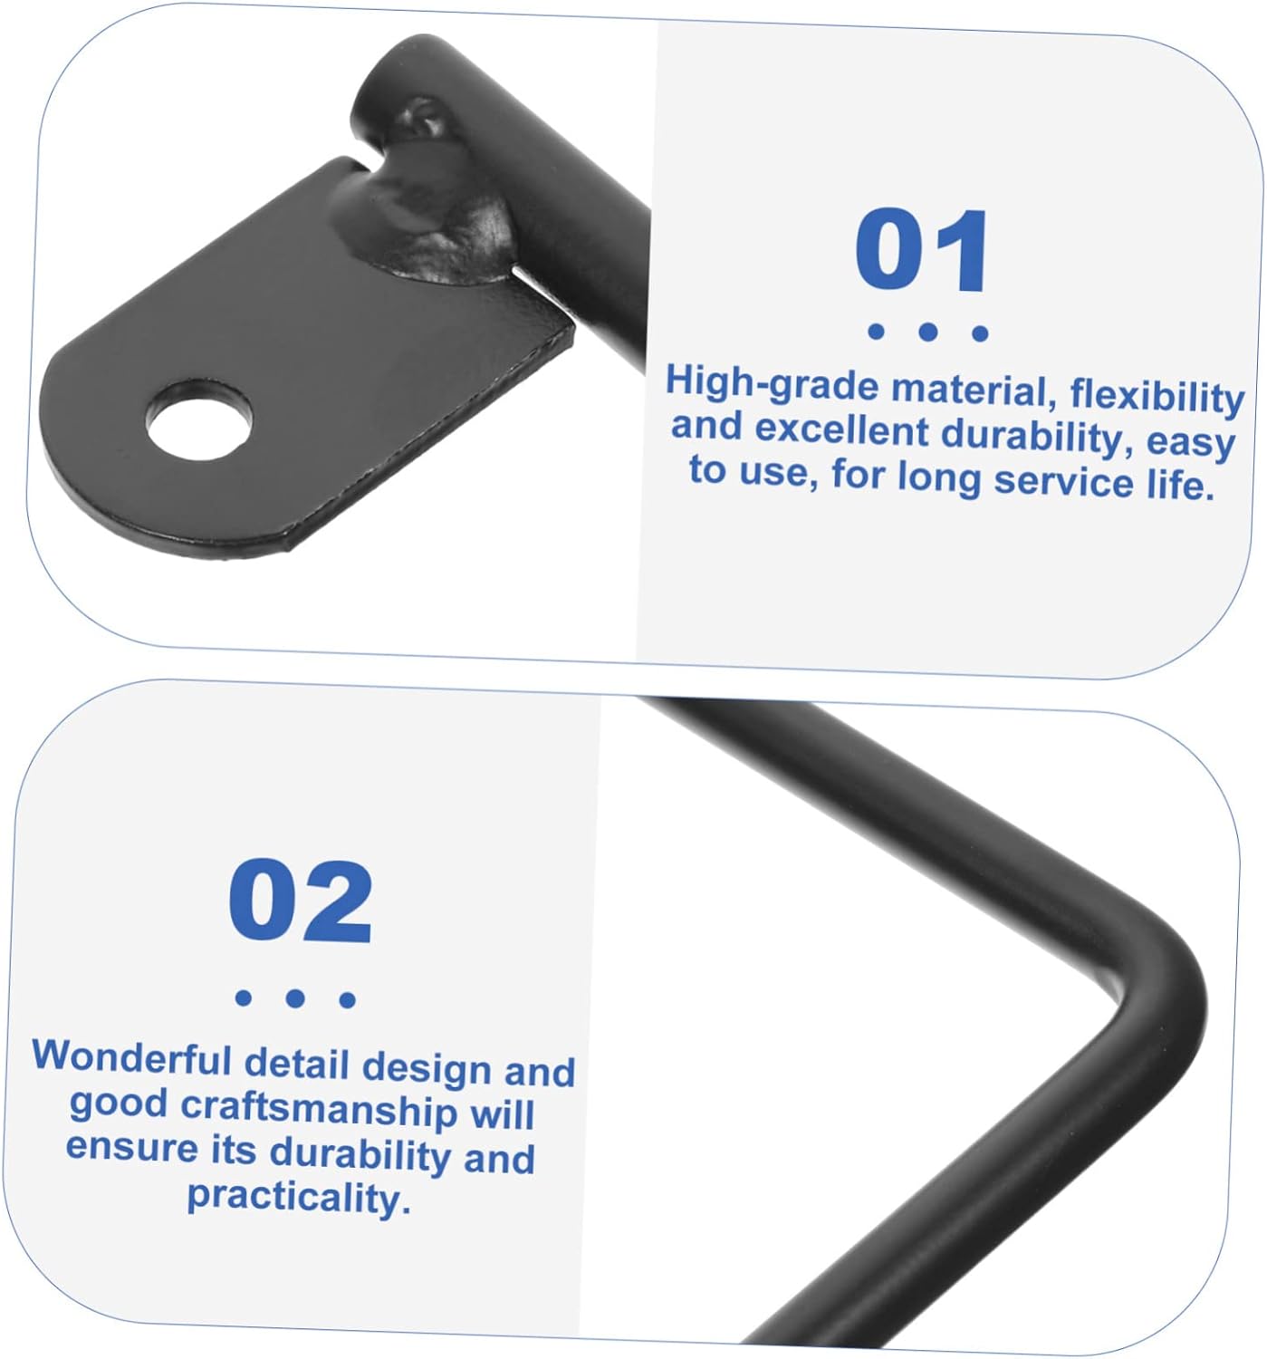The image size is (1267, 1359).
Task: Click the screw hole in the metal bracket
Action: (x=198, y=419)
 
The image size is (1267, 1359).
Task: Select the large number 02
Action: (x=301, y=901)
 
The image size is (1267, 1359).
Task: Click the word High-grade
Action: (x=773, y=382)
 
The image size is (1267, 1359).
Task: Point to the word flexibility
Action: (x=1157, y=396)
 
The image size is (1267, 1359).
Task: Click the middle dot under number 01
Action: (x=927, y=332)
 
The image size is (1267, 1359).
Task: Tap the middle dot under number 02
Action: (x=295, y=998)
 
